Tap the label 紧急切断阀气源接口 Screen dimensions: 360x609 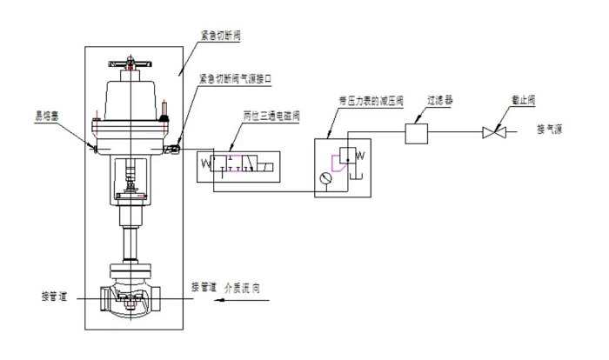(x=237, y=78)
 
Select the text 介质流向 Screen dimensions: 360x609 (x=245, y=286)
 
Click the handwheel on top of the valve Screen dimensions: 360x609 (x=130, y=63)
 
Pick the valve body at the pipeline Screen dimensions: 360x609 (x=130, y=300)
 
